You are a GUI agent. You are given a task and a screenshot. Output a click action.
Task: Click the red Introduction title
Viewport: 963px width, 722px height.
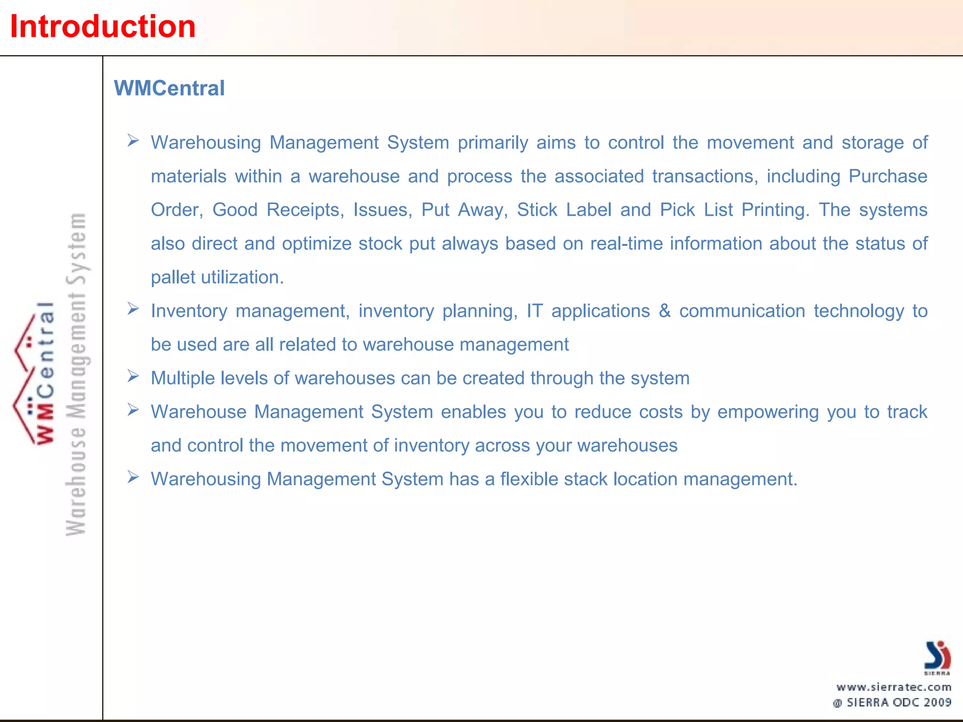pos(103,26)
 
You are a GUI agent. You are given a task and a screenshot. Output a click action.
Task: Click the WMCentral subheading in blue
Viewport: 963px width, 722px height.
pos(169,88)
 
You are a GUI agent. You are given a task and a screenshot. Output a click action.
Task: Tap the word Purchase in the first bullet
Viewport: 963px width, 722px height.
pos(888,176)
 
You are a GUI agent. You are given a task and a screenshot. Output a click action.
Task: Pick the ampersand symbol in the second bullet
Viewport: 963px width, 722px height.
pos(664,311)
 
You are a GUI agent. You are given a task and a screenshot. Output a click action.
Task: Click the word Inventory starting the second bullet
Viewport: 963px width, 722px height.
pos(189,311)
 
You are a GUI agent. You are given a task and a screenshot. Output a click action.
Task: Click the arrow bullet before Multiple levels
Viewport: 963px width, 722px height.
pos(133,377)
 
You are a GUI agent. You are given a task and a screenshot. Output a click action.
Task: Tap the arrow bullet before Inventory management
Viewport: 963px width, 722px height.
pos(133,309)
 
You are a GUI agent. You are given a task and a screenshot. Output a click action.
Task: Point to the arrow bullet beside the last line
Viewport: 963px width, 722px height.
pos(133,478)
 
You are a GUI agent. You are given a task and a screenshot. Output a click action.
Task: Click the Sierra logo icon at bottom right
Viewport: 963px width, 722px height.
pos(937,656)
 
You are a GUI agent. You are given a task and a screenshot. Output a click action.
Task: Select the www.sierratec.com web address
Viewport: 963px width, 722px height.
pos(894,687)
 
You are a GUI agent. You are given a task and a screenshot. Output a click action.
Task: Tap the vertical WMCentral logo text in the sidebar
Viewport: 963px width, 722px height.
pos(45,374)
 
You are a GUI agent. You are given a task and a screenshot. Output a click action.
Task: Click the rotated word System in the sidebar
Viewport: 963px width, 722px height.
pos(77,249)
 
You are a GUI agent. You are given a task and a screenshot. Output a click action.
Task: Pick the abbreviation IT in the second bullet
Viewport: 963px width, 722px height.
pos(534,311)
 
